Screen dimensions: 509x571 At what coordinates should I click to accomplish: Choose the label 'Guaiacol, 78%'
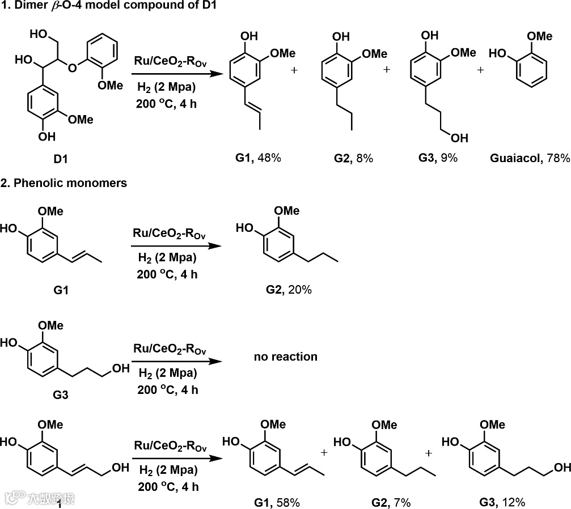[x=530, y=158]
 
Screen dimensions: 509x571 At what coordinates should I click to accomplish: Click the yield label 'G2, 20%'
[x=289, y=290]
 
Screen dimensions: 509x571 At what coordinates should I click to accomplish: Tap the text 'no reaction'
[x=286, y=357]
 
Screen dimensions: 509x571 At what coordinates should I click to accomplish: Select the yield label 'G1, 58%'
[x=276, y=502]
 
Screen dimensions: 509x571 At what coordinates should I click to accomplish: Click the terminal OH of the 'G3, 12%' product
[x=561, y=467]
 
